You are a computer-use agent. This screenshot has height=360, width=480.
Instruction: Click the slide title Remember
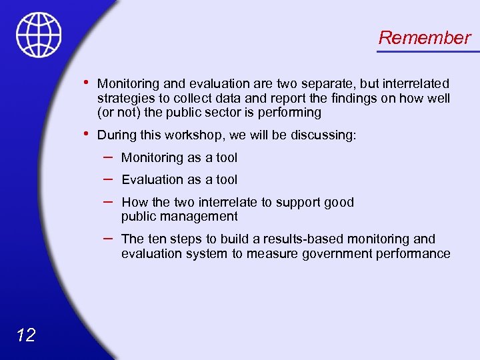pos(424,38)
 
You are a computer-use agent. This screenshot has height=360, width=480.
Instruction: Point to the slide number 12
pos(25,335)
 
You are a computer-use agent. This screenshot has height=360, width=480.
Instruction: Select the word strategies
pos(123,99)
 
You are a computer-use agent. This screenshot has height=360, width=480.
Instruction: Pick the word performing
pos(290,113)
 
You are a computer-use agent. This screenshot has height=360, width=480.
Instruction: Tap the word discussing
pos(323,135)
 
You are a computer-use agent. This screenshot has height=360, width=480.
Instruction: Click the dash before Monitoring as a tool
pos(108,157)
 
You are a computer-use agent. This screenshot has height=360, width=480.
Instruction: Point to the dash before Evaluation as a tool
pos(108,179)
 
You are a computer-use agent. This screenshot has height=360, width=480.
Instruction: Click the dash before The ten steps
pos(108,238)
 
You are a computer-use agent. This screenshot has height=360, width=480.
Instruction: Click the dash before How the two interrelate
pos(108,201)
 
